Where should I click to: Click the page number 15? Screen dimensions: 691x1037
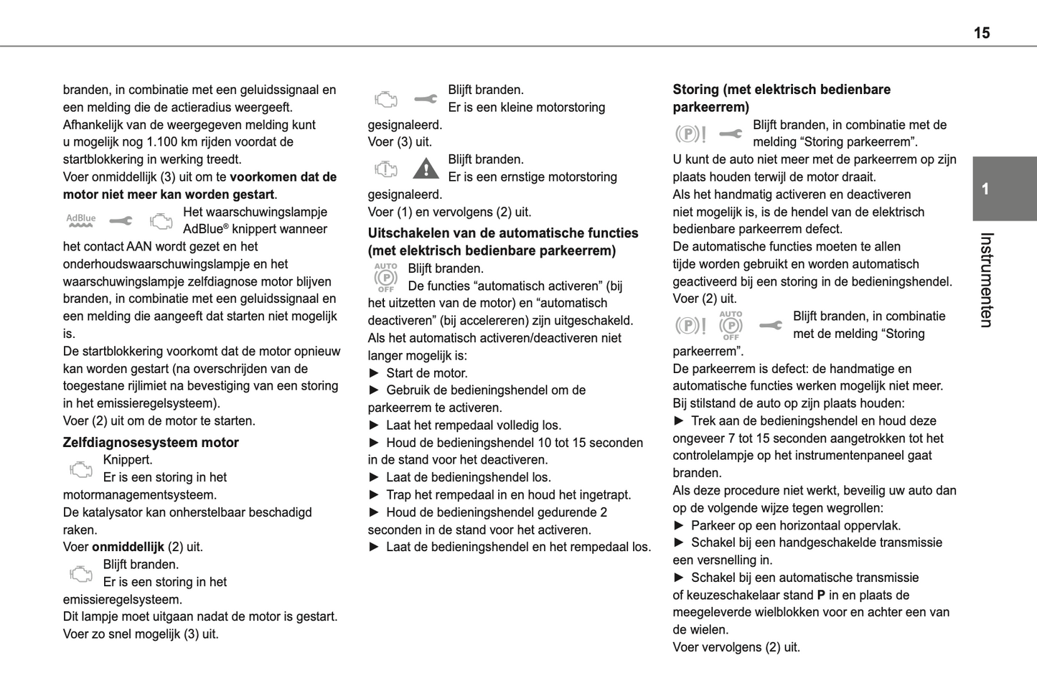point(981,33)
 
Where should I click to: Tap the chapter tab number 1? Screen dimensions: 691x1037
point(985,189)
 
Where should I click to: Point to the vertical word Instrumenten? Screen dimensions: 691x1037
point(986,280)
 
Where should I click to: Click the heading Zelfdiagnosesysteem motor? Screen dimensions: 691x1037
point(151,443)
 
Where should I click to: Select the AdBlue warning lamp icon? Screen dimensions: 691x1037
point(81,220)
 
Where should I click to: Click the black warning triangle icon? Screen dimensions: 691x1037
point(426,169)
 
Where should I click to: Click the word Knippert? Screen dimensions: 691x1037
point(128,460)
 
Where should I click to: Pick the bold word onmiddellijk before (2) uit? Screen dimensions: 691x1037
point(128,547)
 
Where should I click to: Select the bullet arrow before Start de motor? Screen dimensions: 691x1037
point(374,373)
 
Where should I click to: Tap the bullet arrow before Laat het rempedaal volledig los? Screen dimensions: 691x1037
point(374,426)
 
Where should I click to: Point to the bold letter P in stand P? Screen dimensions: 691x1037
point(821,595)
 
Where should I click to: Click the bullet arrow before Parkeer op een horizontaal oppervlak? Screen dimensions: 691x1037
point(679,525)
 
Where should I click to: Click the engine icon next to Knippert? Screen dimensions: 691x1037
point(81,469)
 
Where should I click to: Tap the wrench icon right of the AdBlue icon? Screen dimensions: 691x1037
point(121,221)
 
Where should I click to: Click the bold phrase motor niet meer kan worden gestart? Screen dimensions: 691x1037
point(169,194)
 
